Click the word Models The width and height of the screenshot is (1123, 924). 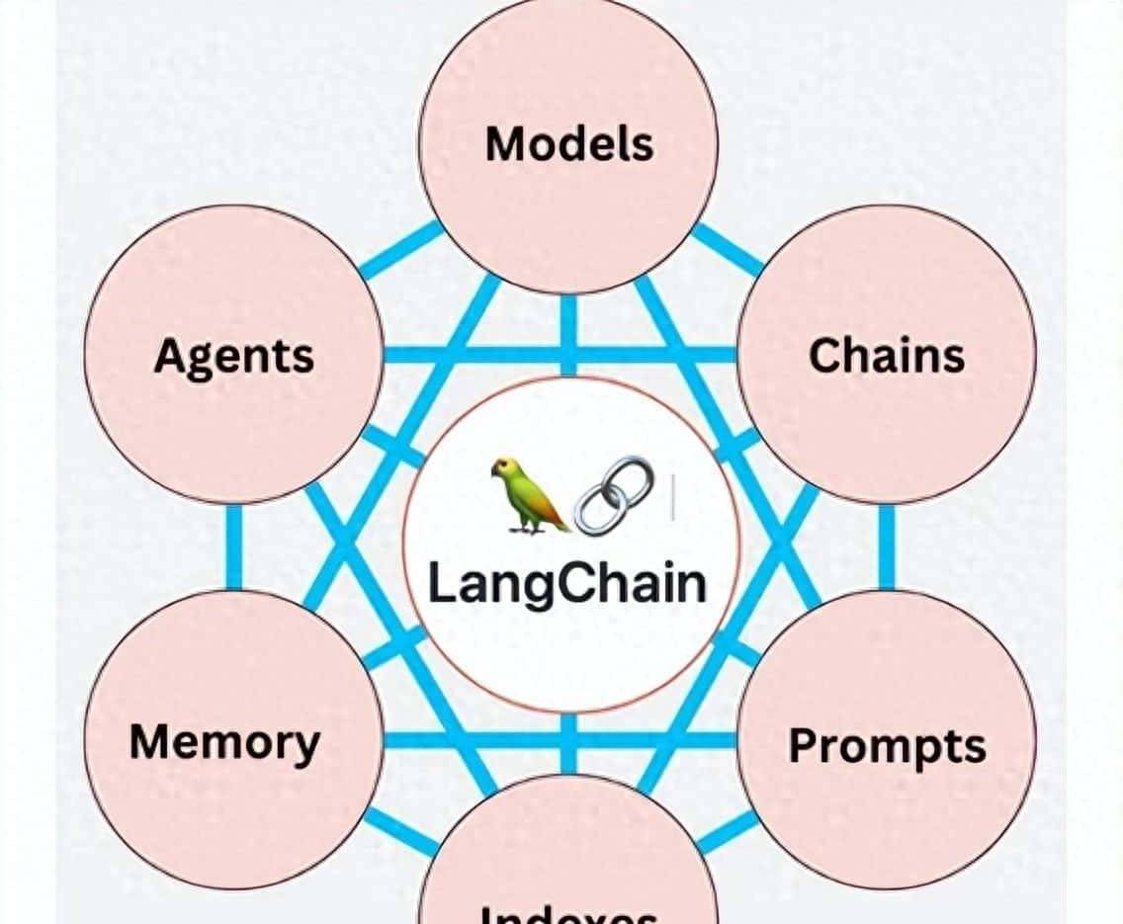click(569, 144)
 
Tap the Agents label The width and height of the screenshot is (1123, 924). click(233, 356)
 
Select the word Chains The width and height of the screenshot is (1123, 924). click(887, 356)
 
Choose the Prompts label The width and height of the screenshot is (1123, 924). click(887, 745)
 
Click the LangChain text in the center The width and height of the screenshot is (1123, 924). click(567, 583)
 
